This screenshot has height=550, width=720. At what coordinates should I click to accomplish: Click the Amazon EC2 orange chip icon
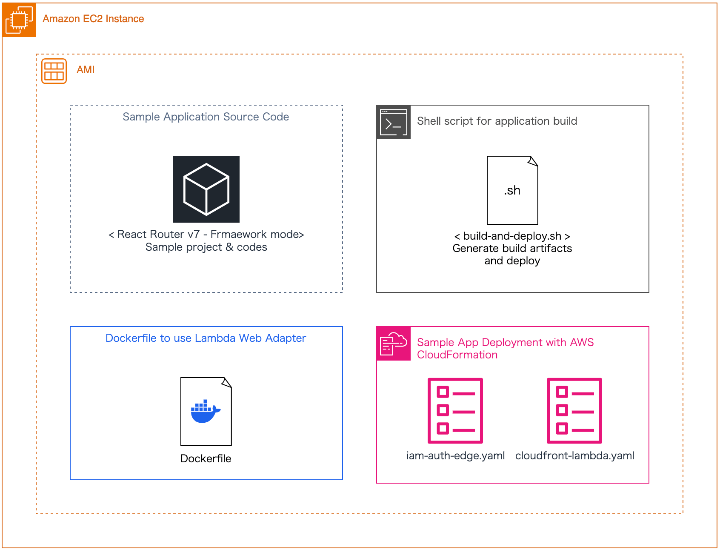coord(19,20)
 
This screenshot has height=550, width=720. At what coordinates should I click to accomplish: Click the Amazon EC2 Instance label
coord(93,19)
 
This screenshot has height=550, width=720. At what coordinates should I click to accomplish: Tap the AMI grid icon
coord(54,71)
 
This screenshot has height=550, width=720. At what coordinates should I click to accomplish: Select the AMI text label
coord(86,70)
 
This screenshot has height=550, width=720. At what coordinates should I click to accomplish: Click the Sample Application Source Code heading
coord(206,117)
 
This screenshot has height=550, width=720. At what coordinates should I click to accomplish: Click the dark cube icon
coord(206,189)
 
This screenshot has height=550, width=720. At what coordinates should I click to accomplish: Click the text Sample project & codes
coord(206,247)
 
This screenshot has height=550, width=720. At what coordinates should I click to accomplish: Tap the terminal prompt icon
coord(394,122)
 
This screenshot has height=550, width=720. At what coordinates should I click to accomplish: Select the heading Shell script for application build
coord(497,121)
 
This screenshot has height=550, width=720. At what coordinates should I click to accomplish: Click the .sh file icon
coord(512,190)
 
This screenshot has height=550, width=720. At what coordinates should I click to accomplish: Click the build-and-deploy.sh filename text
coord(512,236)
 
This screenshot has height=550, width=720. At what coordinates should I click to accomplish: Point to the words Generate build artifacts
coord(512,248)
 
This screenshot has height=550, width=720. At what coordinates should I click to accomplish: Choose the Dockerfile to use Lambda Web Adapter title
coord(206,338)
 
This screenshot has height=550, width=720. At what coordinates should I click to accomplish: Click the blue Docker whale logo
coord(206,412)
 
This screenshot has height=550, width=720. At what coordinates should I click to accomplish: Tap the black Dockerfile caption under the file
coord(206,458)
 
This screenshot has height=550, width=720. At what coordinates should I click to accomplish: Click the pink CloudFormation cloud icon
coord(394,344)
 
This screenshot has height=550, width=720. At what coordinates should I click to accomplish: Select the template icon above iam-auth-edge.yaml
coord(455,411)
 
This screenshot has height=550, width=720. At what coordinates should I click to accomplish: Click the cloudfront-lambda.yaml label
coord(574,455)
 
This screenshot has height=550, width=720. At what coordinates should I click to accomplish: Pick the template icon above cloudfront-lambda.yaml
coord(574,411)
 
